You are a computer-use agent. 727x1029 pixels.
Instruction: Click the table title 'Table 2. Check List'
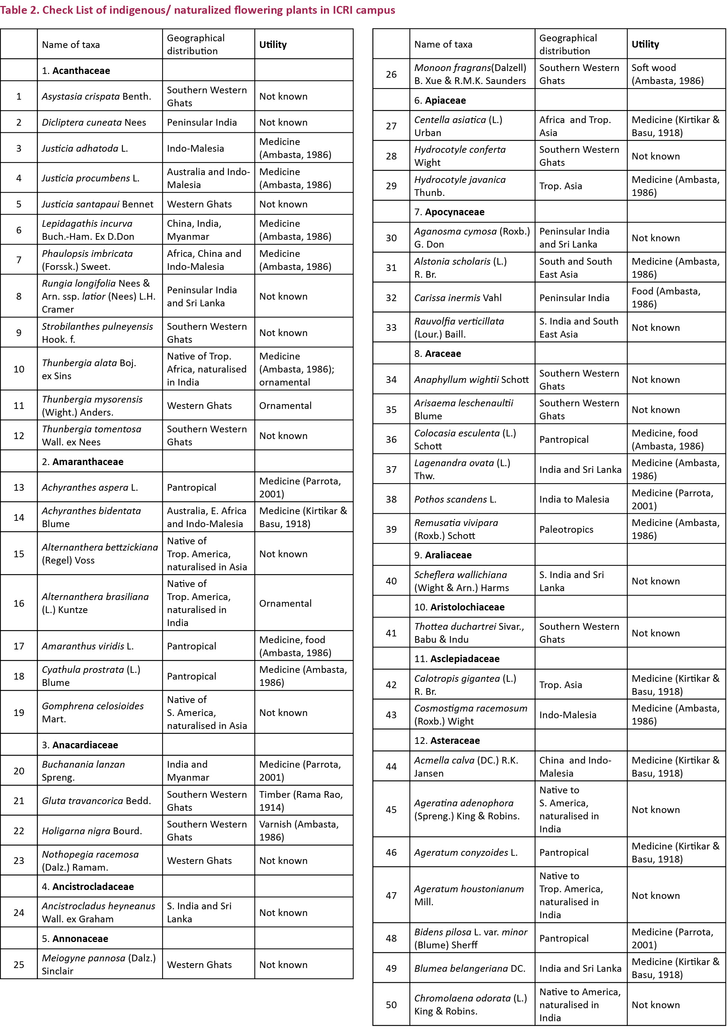coord(197,10)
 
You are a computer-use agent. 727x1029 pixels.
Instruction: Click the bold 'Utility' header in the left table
coord(273,44)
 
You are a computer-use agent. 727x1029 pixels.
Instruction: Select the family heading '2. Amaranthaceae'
coord(83,461)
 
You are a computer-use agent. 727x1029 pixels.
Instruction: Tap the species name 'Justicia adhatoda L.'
coord(85,148)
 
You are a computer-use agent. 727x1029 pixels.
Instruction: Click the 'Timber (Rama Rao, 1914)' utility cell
coord(301,800)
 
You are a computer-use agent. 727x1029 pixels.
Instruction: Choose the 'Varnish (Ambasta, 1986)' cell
coord(299,830)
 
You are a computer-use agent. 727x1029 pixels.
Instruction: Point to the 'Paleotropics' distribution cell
coord(566,529)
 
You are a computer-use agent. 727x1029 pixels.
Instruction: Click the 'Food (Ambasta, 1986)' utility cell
coord(666,298)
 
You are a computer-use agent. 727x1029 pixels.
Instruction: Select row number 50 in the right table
coord(391,1005)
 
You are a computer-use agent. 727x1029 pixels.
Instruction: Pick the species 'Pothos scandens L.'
coord(455,499)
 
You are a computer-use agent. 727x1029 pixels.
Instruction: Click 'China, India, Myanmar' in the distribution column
coord(194,230)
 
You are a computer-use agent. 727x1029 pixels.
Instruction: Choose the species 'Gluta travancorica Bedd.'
coord(96,800)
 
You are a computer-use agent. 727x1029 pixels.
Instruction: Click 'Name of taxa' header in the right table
coord(443,44)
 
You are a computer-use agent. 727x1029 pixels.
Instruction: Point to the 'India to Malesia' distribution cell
coord(574,499)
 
